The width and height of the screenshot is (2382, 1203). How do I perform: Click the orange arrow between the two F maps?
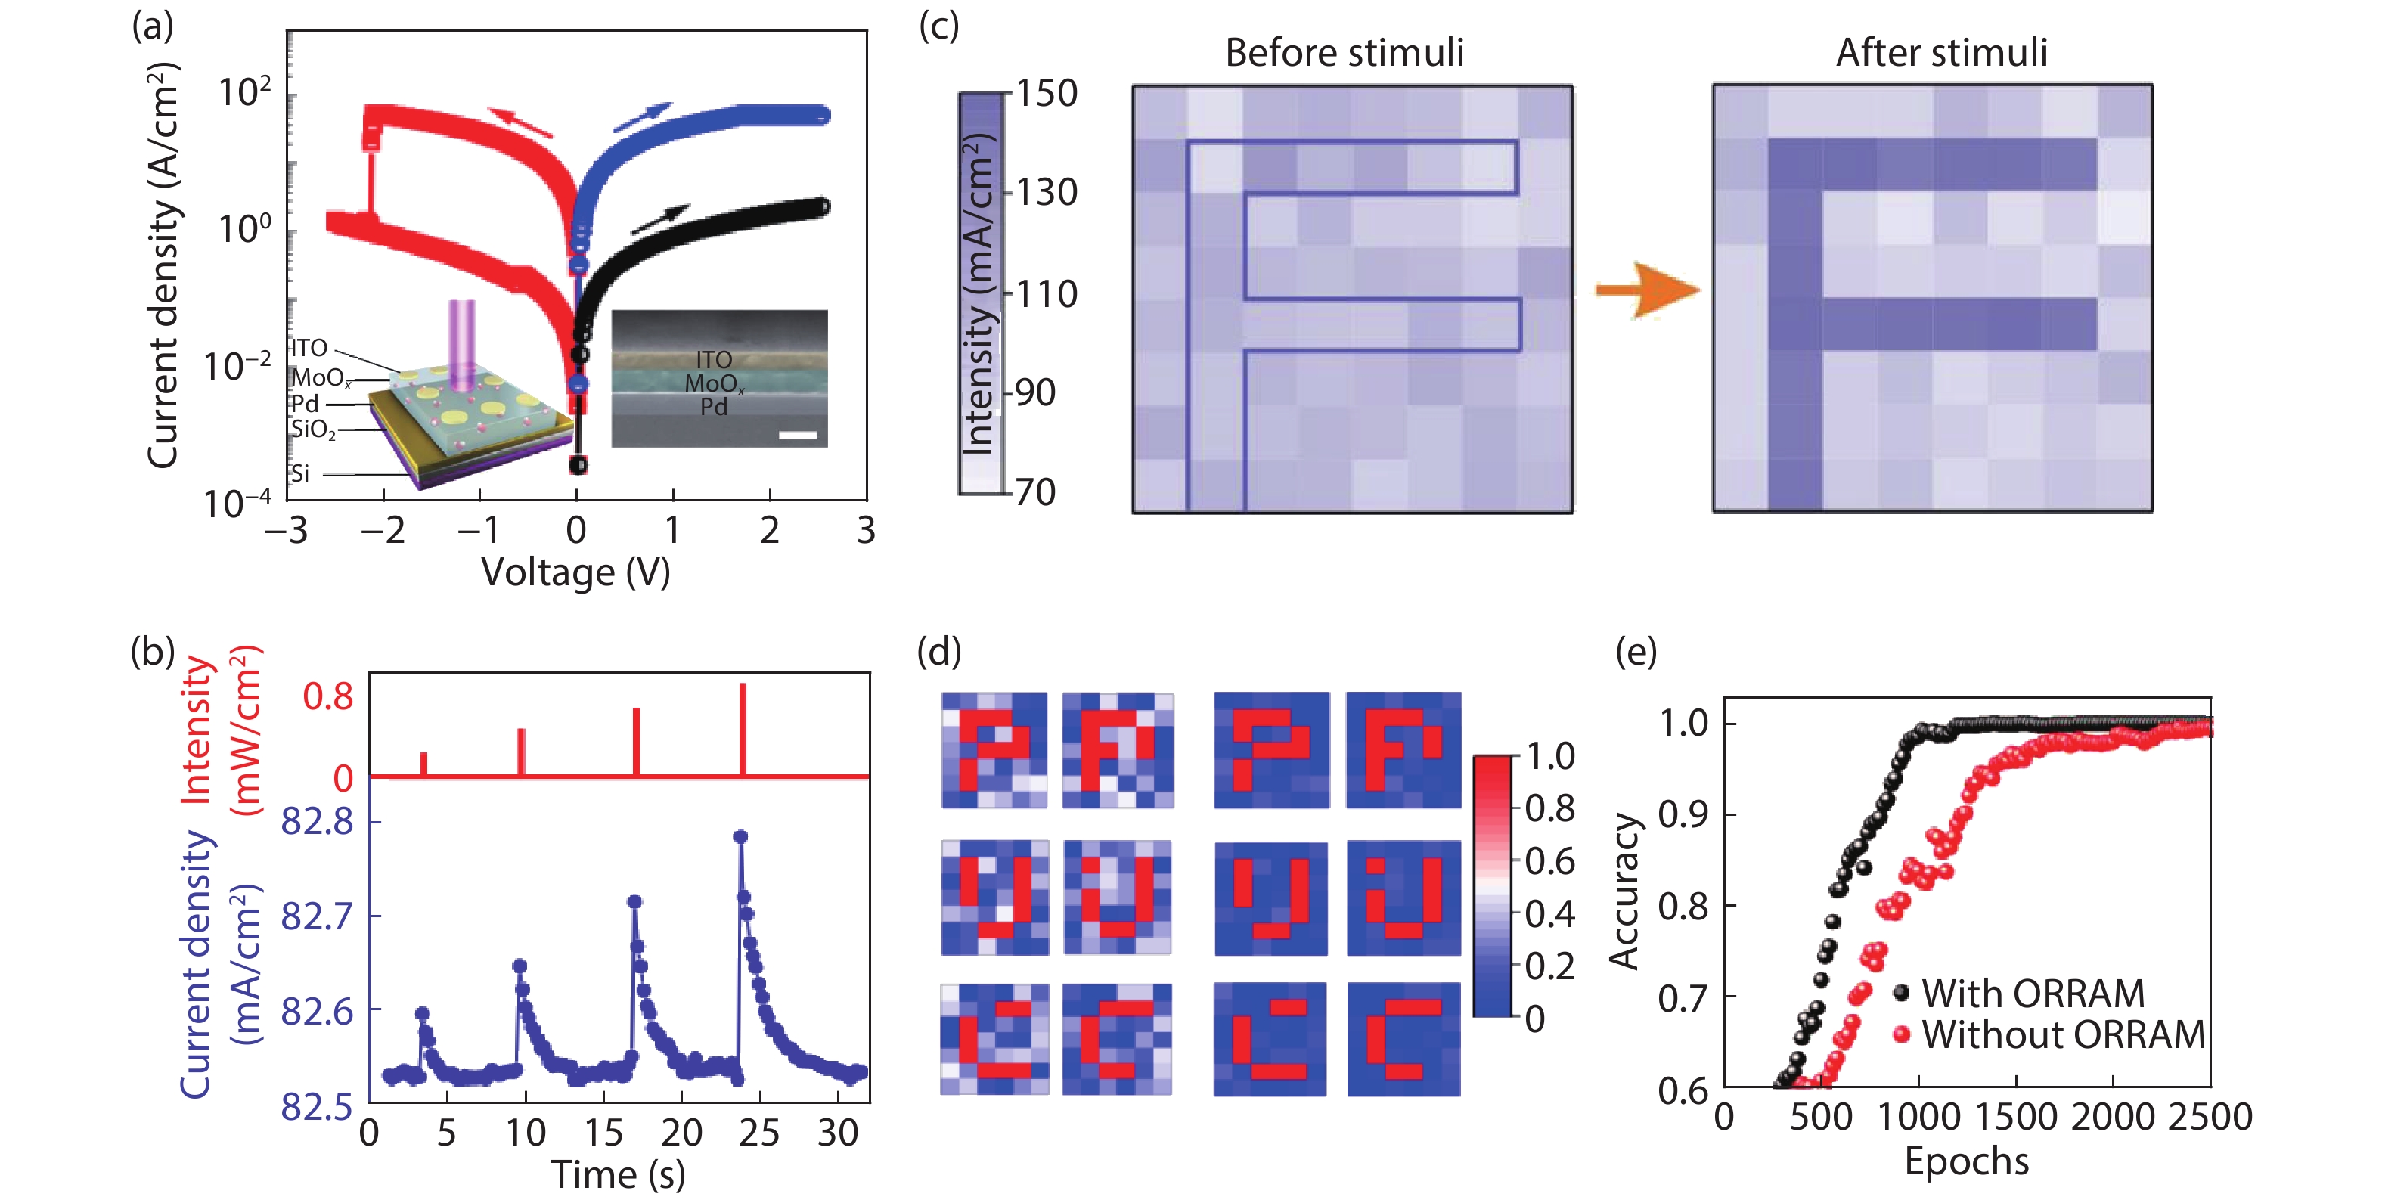pyautogui.click(x=1646, y=290)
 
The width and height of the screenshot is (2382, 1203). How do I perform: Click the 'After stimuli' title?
pyautogui.click(x=1941, y=53)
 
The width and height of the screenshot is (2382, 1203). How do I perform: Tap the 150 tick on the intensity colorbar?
pyautogui.click(x=1046, y=94)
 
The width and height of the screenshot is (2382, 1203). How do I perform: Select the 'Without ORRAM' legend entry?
pyautogui.click(x=2062, y=1034)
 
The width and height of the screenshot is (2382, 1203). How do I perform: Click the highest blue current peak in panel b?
pyautogui.click(x=740, y=837)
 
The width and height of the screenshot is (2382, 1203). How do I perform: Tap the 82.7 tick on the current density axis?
pyautogui.click(x=317, y=916)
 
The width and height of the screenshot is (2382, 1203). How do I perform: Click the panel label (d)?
pyautogui.click(x=938, y=653)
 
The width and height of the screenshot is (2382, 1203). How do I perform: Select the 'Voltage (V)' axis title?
pyautogui.click(x=575, y=572)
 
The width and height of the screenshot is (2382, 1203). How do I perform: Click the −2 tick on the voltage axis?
pyautogui.click(x=383, y=531)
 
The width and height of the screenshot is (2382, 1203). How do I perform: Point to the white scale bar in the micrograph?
pyautogui.click(x=797, y=435)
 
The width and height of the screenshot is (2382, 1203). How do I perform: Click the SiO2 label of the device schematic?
pyautogui.click(x=312, y=429)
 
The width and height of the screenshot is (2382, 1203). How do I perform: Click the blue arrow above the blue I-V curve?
pyautogui.click(x=643, y=117)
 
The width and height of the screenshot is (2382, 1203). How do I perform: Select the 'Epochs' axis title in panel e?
pyautogui.click(x=1966, y=1161)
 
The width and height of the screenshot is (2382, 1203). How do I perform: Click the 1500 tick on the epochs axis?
pyautogui.click(x=2016, y=1117)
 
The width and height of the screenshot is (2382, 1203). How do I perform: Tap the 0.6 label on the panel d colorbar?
pyautogui.click(x=1549, y=862)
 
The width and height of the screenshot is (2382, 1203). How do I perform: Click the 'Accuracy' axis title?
pyautogui.click(x=1625, y=891)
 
